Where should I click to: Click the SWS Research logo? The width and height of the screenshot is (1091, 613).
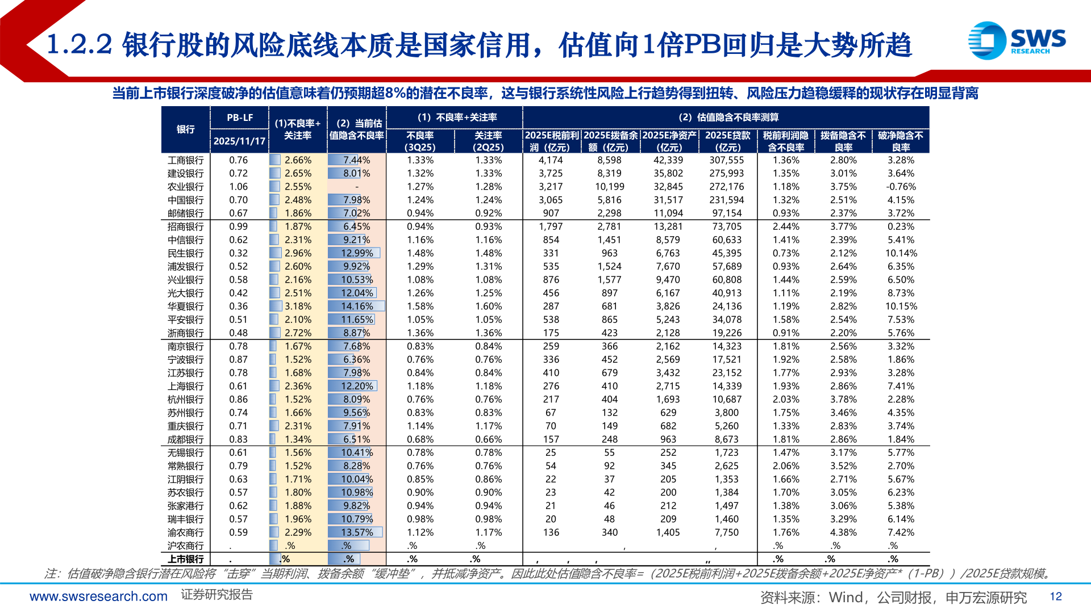[x=1017, y=40]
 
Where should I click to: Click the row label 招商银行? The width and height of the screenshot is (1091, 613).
[x=185, y=226]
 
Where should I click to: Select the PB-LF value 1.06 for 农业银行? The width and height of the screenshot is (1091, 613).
[x=238, y=187]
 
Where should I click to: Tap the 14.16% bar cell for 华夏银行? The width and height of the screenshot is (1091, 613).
[x=357, y=306]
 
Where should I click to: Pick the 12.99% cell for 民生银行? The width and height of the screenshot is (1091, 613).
[x=357, y=253]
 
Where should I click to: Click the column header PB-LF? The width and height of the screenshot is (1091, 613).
[x=240, y=117]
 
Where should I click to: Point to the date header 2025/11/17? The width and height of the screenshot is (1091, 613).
[x=240, y=141]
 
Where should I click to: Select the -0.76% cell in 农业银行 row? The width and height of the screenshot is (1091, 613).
[x=901, y=187]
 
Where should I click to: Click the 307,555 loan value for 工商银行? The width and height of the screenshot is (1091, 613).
[x=726, y=160]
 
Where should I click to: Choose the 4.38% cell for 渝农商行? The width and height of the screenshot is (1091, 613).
[x=843, y=532]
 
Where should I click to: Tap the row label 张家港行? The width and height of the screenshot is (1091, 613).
[x=185, y=506]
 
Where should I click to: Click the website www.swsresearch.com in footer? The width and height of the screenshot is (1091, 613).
[x=98, y=597]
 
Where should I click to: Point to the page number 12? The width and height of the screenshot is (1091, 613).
[x=1055, y=597]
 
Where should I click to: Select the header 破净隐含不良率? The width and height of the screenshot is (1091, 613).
[x=901, y=141]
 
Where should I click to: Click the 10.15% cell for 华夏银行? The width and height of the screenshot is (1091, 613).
[x=901, y=306]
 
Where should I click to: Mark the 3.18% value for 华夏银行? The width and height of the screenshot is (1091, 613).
[x=298, y=306]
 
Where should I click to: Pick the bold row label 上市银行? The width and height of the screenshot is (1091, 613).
[x=185, y=559]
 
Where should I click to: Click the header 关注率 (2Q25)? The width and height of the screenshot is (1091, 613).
[x=488, y=141]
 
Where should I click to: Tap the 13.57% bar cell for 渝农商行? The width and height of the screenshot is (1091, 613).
[x=357, y=532]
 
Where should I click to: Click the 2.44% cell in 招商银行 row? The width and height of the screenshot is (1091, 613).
[x=786, y=226]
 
